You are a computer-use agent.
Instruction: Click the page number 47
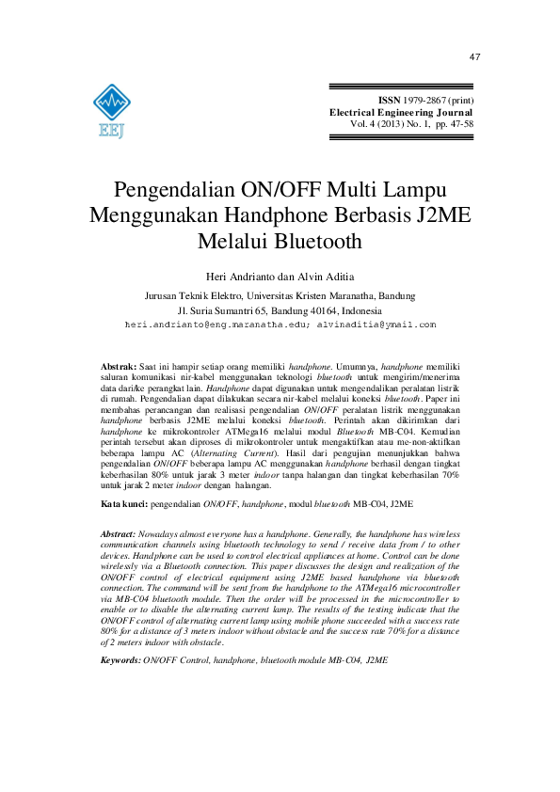click(474, 57)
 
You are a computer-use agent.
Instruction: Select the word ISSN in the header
click(389, 100)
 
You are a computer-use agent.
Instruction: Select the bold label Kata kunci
click(123, 505)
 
